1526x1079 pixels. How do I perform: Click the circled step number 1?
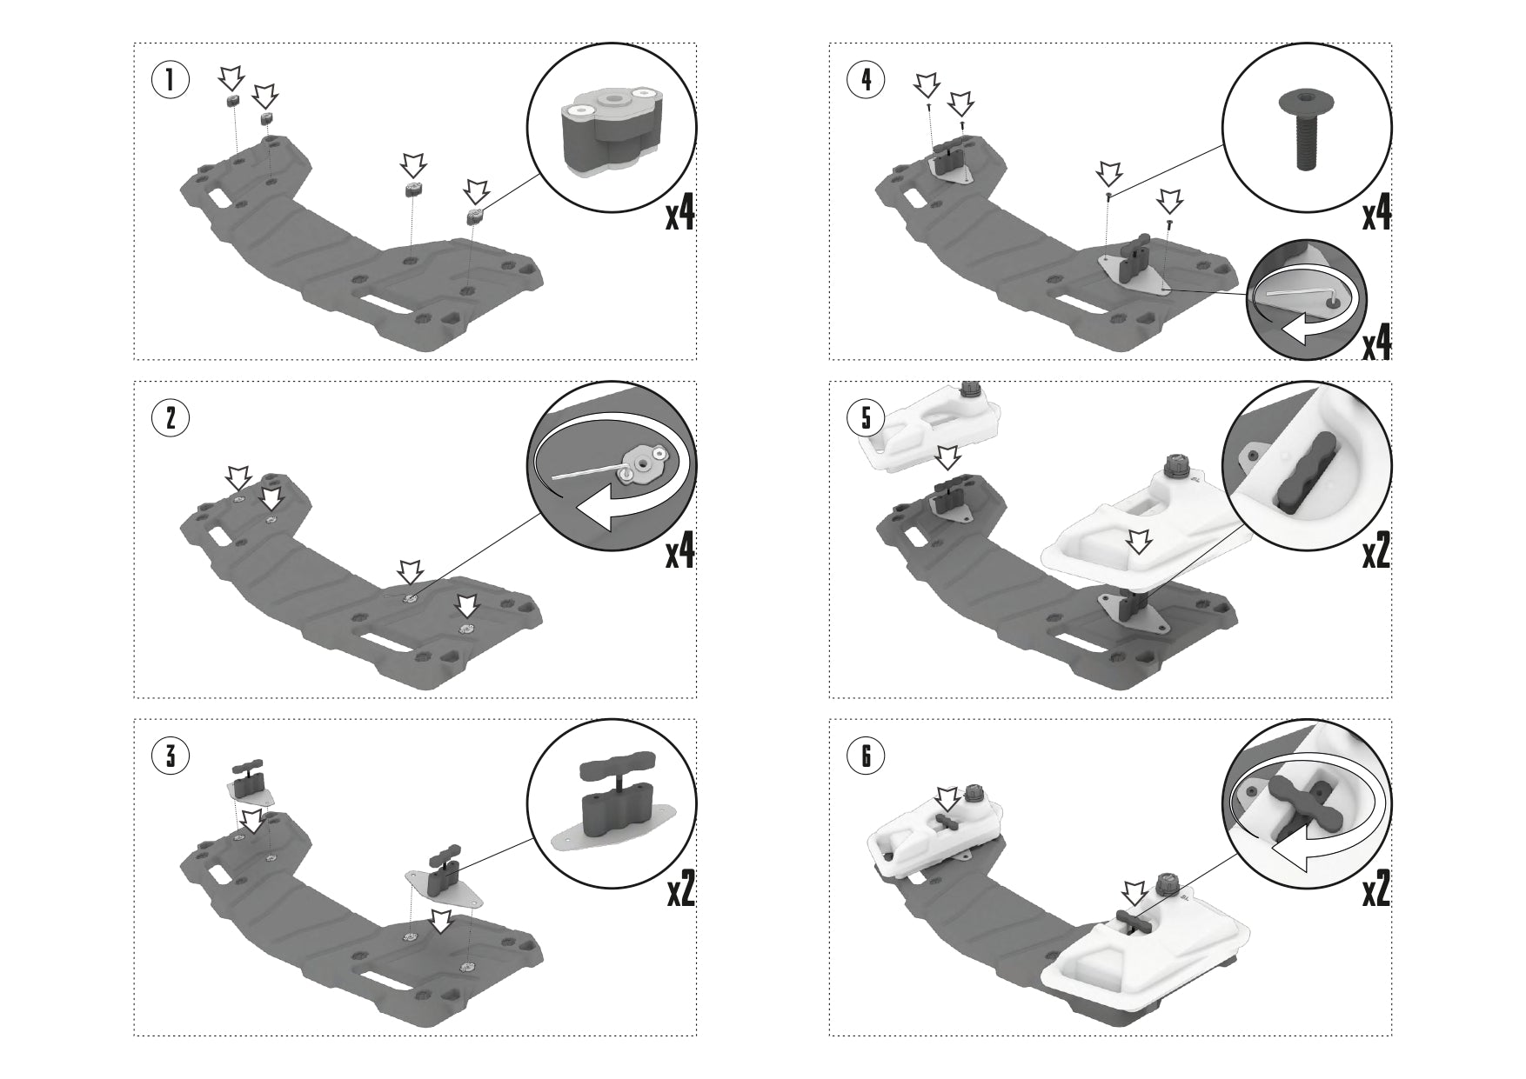pyautogui.click(x=171, y=81)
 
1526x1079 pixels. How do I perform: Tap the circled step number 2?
pyautogui.click(x=171, y=418)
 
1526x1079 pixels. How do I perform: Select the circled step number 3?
pyautogui.click(x=171, y=756)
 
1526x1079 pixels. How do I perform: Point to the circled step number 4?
pyautogui.click(x=866, y=81)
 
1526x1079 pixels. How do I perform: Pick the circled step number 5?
pyautogui.click(x=866, y=418)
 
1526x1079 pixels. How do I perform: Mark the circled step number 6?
pyautogui.click(x=866, y=756)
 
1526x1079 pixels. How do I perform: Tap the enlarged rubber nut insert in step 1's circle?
pyautogui.click(x=612, y=132)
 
